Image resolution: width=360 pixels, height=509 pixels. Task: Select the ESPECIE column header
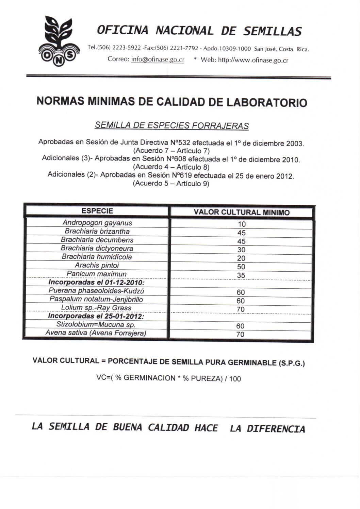97,211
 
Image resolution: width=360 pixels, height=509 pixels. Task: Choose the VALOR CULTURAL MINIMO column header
242,213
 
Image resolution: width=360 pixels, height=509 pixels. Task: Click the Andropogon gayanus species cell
97,223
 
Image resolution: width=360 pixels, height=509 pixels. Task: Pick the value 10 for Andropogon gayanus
242,224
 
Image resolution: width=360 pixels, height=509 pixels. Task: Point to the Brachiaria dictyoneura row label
97,249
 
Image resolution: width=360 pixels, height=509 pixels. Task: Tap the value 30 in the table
241,250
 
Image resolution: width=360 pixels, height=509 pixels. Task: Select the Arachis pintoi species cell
97,266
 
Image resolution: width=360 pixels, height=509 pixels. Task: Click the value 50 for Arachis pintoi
241,267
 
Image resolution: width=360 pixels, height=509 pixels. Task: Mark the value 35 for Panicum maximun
241,275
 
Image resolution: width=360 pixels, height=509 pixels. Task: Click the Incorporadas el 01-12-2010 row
97,283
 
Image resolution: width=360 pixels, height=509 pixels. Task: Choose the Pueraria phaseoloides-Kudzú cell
97,291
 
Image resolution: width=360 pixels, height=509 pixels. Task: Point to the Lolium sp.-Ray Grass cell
96,308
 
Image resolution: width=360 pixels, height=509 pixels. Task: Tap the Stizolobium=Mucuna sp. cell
96,324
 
